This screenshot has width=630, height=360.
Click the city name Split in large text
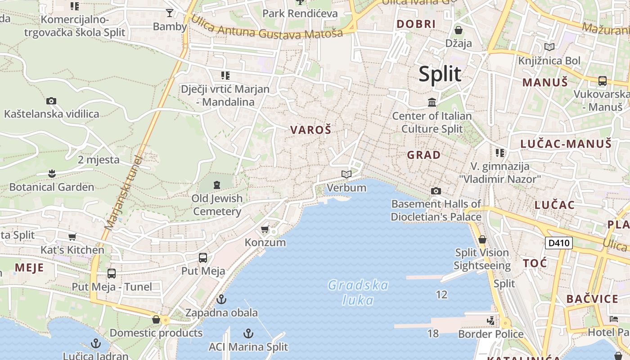(440, 74)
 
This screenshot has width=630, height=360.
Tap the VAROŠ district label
(310, 130)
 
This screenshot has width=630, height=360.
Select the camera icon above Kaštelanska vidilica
(51, 101)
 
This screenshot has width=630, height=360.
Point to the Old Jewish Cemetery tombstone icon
(217, 184)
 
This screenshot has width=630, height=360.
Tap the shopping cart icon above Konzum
(265, 229)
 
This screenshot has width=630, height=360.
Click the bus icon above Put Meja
(203, 258)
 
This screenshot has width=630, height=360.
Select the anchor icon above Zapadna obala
(221, 299)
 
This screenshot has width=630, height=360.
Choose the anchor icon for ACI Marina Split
(248, 333)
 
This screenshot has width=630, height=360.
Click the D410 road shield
(559, 243)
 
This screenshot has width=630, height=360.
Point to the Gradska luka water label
(358, 292)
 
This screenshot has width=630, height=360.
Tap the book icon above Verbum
(346, 174)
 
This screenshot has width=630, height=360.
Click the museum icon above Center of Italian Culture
(432, 103)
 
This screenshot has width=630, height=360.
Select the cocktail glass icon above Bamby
(170, 13)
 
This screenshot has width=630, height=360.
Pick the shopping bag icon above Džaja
(459, 30)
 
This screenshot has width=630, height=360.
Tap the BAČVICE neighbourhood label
(592, 299)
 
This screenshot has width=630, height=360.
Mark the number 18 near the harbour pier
(433, 333)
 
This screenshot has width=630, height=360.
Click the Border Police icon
(491, 321)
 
